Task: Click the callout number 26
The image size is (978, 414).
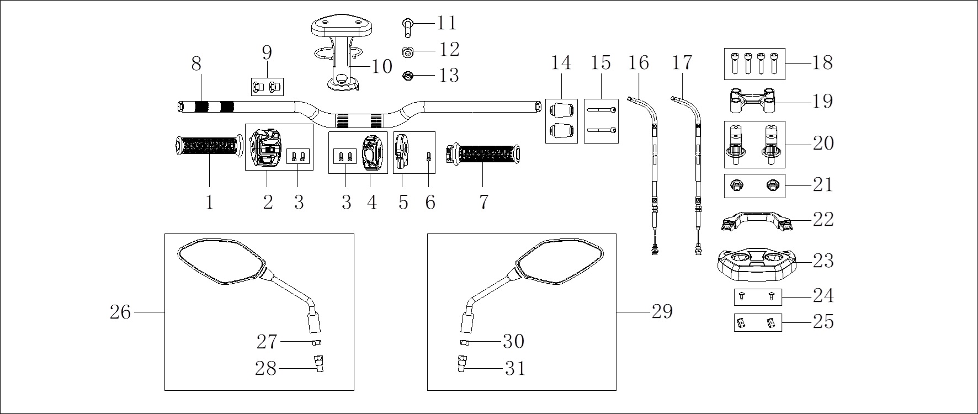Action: (x=120, y=312)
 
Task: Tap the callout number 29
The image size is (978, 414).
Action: (x=662, y=312)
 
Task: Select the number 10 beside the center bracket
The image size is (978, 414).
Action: (x=381, y=66)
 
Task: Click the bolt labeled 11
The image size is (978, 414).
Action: (x=407, y=25)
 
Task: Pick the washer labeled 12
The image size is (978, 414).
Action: (x=408, y=52)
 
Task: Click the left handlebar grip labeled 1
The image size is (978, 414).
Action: (x=209, y=146)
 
